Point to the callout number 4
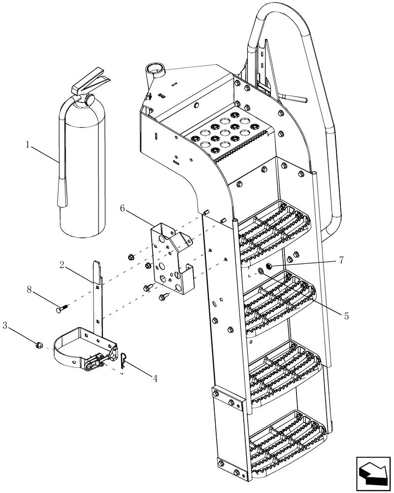(x=155, y=379)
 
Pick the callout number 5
(x=346, y=316)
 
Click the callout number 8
(x=29, y=291)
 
